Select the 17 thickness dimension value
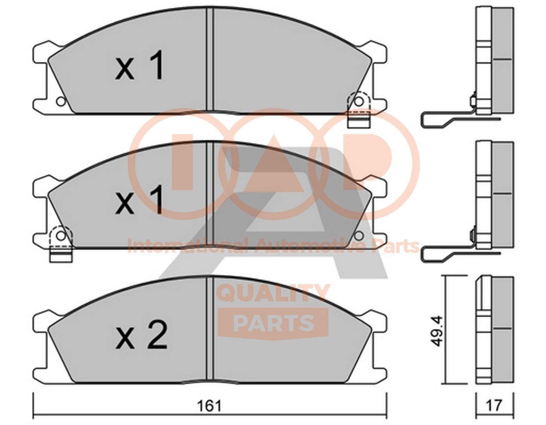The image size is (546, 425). [495, 405]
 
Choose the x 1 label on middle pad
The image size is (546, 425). [140, 201]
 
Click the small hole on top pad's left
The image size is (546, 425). [60, 102]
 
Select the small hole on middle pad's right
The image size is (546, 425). [358, 235]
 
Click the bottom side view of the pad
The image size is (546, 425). [495, 331]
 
